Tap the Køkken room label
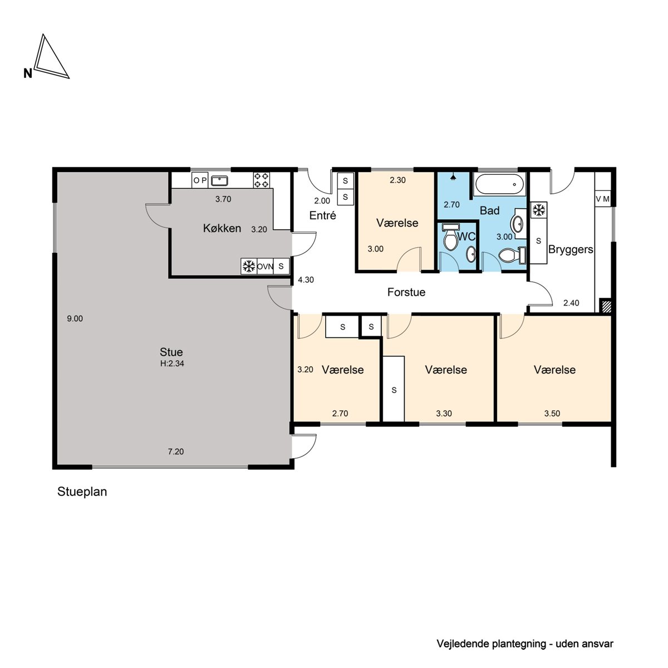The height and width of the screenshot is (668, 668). click(x=222, y=228)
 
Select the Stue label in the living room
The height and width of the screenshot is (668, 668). click(x=171, y=352)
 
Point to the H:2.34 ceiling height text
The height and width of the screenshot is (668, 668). click(x=172, y=364)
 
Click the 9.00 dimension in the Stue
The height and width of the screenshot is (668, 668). click(x=75, y=318)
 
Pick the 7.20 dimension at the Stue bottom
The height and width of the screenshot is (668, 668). click(x=176, y=451)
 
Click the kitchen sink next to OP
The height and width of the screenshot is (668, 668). click(x=219, y=180)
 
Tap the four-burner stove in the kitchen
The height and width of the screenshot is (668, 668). click(x=262, y=180)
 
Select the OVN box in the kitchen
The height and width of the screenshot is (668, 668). click(x=265, y=267)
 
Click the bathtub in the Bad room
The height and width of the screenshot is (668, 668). click(x=500, y=184)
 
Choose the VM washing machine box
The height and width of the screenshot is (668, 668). click(x=603, y=199)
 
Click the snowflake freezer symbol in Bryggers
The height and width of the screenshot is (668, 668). click(x=538, y=210)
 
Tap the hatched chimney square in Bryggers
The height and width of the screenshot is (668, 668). click(x=606, y=306)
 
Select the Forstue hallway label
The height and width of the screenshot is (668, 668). click(x=406, y=292)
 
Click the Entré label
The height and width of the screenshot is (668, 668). click(x=323, y=215)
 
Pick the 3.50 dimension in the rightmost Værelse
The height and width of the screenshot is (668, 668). click(x=552, y=414)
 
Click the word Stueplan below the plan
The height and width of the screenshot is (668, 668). click(x=82, y=492)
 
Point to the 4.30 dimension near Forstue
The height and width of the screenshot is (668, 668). click(x=306, y=280)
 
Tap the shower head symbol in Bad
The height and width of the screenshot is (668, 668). click(x=453, y=177)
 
